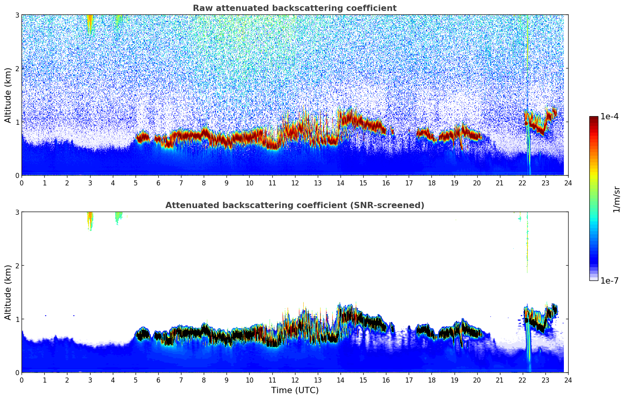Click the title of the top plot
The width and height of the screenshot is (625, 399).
tap(294, 8)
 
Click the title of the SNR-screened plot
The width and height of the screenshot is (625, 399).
tap(294, 205)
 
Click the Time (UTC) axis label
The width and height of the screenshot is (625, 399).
tap(295, 390)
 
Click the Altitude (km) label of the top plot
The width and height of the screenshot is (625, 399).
tap(8, 95)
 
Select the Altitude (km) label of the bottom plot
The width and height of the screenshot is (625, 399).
tap(8, 292)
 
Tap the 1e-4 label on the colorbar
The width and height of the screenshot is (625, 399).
tap(609, 117)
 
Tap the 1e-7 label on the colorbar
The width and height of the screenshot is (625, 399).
tap(609, 281)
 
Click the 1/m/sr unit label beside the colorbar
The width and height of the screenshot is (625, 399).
tap(616, 199)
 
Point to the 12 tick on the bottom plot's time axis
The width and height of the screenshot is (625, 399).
tap(295, 380)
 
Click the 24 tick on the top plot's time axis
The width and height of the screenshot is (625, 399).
tap(568, 183)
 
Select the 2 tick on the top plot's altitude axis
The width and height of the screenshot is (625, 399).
tap(17, 68)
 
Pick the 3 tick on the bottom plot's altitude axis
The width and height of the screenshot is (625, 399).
tap(17, 212)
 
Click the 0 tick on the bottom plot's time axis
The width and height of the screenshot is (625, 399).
tap(22, 380)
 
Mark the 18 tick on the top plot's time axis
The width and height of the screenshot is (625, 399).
tap(431, 183)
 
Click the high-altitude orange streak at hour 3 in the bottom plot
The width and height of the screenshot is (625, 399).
tap(90, 220)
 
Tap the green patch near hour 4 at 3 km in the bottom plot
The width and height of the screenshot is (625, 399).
tap(118, 217)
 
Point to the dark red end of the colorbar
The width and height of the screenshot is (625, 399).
tap(593, 119)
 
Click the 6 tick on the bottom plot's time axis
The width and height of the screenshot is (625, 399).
tap(158, 380)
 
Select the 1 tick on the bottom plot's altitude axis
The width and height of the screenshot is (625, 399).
tap(17, 319)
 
